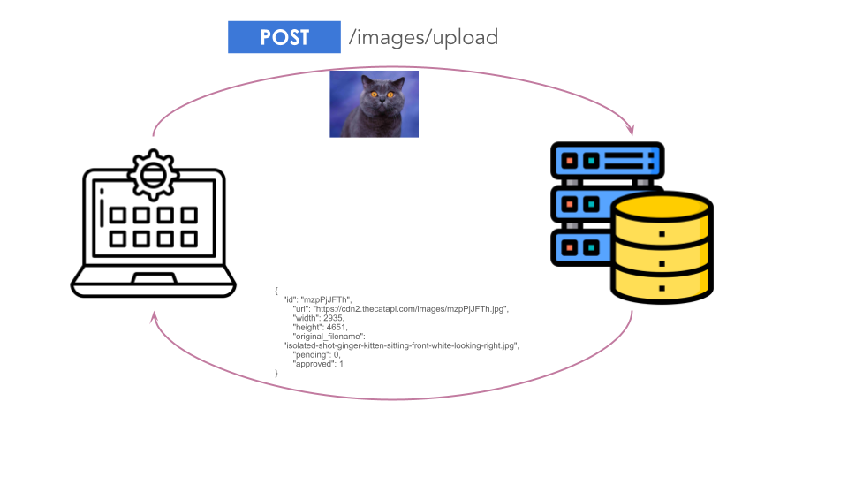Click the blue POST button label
coord(284,37)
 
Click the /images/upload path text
coord(423,37)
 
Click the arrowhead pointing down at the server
coord(632,130)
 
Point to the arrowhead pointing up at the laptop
coord(155,316)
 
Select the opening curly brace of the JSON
coord(276,290)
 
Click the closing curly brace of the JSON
coord(276,373)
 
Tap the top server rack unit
coord(607,161)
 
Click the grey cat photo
coord(374,104)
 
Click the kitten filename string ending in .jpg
coord(401,345)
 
